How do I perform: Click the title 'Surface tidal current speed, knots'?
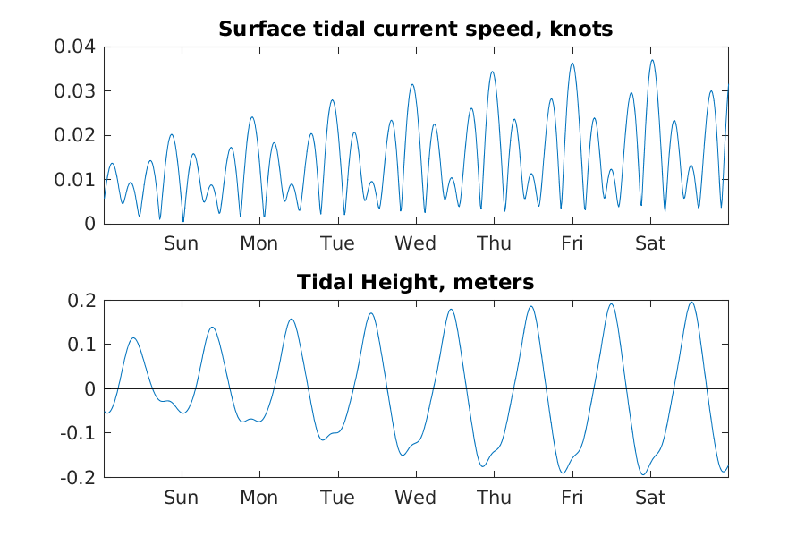[416, 29]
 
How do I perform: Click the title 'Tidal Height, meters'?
[416, 283]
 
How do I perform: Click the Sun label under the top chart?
[181, 243]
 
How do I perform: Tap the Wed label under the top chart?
[415, 243]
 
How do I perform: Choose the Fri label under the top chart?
[572, 243]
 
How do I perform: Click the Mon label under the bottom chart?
[258, 498]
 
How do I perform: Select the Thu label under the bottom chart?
[494, 498]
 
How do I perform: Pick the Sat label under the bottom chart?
[650, 498]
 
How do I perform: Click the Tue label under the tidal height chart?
[337, 498]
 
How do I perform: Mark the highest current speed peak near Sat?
[652, 60]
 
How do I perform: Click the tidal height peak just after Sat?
[691, 302]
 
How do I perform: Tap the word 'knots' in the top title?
[583, 29]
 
